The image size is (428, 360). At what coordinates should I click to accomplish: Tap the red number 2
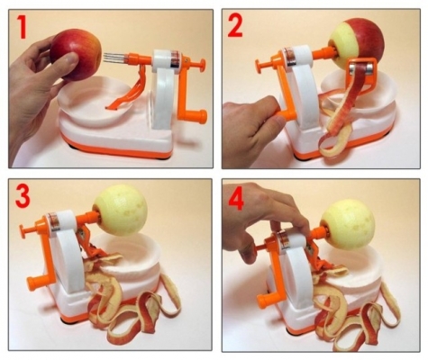coord(236,28)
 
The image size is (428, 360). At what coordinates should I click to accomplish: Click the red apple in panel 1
coord(79,52)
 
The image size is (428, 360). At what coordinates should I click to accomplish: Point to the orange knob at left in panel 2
coord(260,64)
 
